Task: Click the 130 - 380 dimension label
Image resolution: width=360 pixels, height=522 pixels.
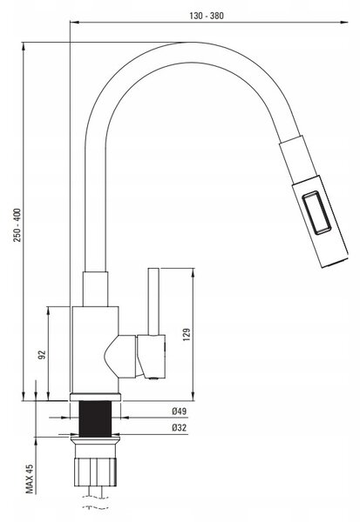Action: pos(207,16)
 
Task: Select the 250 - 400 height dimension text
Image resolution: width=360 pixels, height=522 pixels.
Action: pos(17,225)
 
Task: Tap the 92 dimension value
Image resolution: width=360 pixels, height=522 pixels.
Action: pos(42,355)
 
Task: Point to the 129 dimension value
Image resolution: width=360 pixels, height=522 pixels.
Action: pos(187,335)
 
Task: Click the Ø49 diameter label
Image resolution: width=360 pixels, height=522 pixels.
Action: pos(180,412)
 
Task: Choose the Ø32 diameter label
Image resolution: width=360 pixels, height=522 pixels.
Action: pos(180,427)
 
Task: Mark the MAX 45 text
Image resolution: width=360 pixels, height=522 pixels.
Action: pos(30,479)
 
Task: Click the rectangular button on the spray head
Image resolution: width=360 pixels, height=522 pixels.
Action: pos(316,212)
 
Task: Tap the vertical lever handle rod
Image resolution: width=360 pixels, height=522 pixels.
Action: pos(153,301)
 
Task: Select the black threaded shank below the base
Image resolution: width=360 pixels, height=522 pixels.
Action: pos(95,418)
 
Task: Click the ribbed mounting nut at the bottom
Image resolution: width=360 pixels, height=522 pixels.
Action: pos(95,472)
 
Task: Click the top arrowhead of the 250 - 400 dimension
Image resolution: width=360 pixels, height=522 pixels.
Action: pos(24,46)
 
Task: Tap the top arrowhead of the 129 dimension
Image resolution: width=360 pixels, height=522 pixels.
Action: pos(194,272)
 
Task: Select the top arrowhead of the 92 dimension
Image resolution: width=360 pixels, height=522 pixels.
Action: pos(49,311)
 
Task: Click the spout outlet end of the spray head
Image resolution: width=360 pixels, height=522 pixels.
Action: pos(336,262)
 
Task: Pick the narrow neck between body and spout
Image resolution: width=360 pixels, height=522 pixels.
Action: pos(95,289)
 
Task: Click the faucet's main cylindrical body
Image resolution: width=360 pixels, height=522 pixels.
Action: pos(95,350)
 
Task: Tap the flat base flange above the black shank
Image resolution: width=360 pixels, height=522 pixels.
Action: pos(95,397)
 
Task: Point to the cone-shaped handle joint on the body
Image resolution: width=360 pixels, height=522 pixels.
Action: pos(120,357)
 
